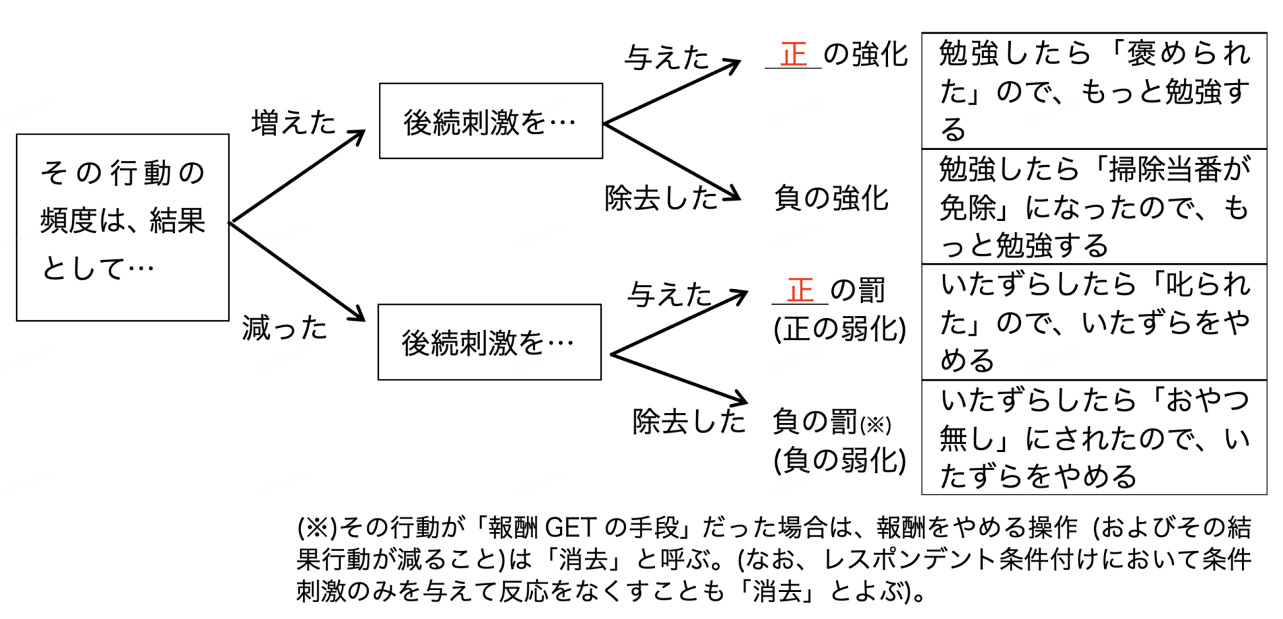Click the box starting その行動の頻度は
(x=122, y=227)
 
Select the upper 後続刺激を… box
(x=490, y=122)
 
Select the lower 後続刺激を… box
(x=489, y=343)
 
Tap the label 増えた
(x=293, y=123)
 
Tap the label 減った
(x=284, y=328)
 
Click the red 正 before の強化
(x=793, y=54)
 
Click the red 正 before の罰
(x=800, y=291)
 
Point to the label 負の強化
(x=831, y=199)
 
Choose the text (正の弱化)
(x=839, y=329)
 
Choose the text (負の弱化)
(x=839, y=460)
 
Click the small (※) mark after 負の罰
(x=876, y=425)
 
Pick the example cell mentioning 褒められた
(x=1094, y=91)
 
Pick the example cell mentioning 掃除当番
(x=1094, y=207)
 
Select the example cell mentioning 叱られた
(x=1094, y=322)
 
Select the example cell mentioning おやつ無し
(x=1094, y=438)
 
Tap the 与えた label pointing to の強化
(x=666, y=57)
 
